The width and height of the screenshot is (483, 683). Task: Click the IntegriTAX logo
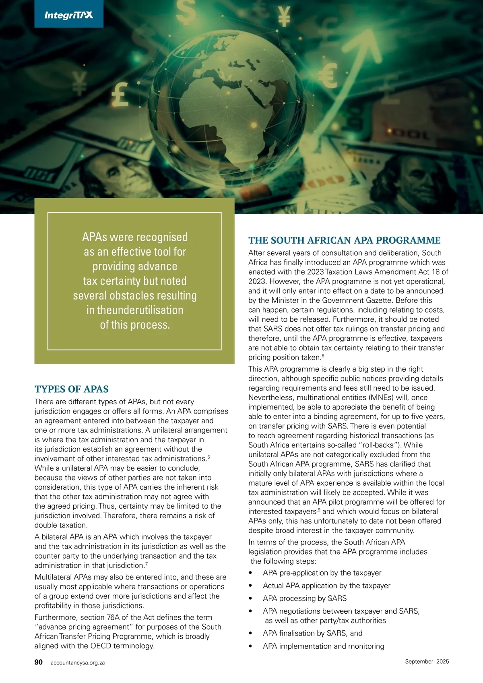[x=68, y=15]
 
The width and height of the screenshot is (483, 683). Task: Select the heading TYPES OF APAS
[x=72, y=389]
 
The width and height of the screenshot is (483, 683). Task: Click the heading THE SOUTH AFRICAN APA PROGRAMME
[x=344, y=240]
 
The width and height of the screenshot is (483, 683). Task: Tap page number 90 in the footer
[x=39, y=662]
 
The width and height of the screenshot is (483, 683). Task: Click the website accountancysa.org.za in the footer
[x=78, y=662]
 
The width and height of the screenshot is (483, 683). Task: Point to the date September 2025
[x=427, y=661]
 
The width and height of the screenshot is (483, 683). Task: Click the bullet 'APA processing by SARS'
[x=305, y=598]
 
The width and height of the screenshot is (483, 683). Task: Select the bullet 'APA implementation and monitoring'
[x=323, y=646]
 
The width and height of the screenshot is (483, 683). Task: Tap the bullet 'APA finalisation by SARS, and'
[x=312, y=633]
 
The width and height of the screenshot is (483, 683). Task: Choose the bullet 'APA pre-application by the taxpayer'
[x=322, y=573]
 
